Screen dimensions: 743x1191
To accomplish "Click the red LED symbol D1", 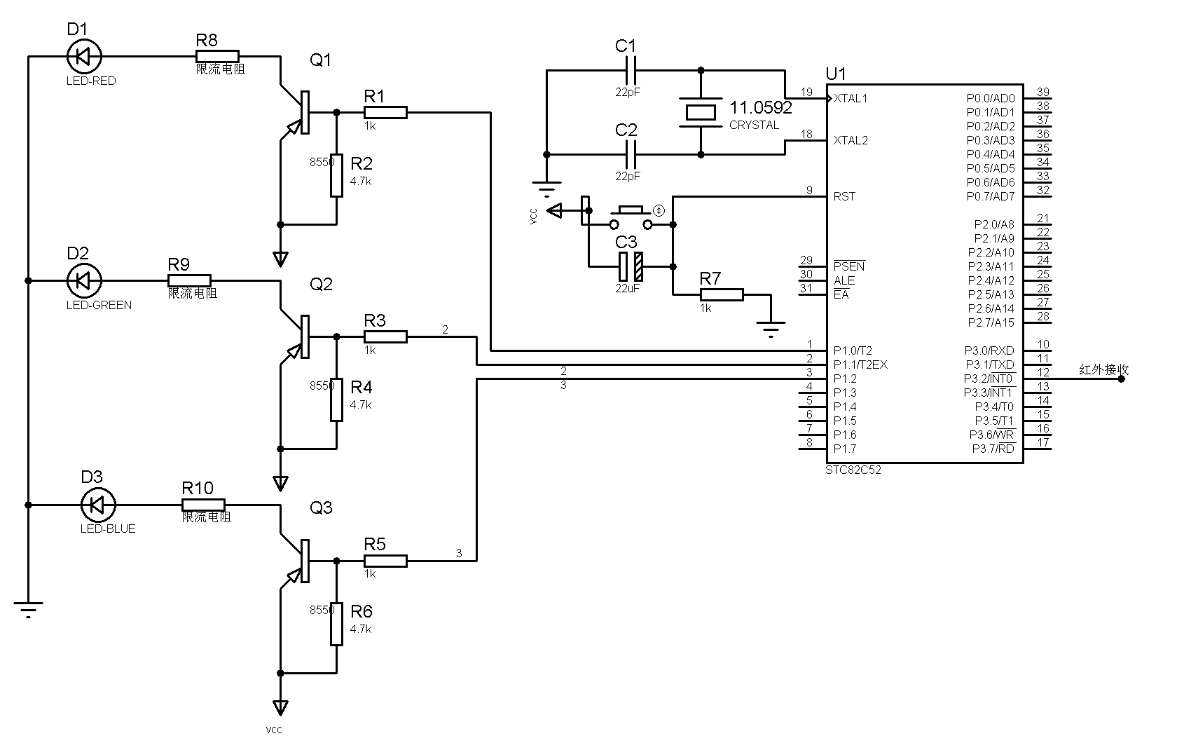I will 84,56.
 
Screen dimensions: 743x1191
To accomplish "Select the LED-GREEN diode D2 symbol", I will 84,280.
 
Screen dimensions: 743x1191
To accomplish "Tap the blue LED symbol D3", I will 98,505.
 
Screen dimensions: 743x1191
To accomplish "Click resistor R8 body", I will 217,56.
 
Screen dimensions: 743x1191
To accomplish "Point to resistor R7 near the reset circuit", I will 722,294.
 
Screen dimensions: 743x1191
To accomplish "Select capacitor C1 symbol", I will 631,70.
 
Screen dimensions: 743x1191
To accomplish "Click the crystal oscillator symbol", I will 701,112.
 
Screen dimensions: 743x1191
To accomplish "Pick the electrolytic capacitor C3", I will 631,266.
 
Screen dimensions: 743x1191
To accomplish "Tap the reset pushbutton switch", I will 631,217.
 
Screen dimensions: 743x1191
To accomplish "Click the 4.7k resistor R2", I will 336,175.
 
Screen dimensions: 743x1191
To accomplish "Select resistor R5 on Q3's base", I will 385,561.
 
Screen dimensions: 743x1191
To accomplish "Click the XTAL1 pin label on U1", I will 851,98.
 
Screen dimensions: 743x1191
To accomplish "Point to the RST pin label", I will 844,196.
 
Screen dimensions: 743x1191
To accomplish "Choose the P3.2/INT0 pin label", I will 989,379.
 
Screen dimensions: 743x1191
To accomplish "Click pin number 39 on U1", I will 1043,92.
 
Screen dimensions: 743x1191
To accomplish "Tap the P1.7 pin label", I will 845,449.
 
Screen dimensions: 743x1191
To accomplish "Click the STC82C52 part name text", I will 853,470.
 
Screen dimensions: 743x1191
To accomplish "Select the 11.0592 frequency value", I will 761,107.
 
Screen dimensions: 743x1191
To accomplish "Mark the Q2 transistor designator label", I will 321,284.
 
